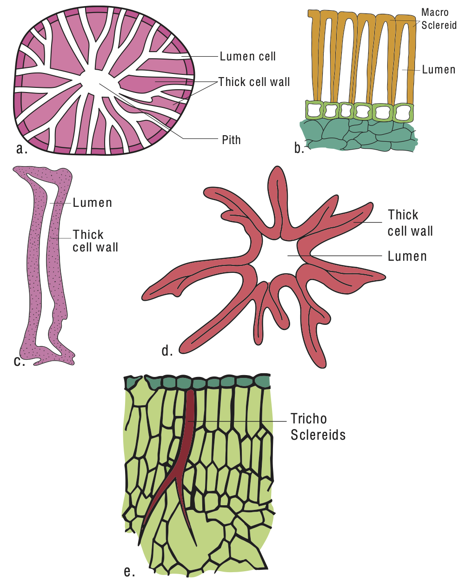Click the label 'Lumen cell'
click(x=247, y=57)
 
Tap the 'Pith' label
click(x=231, y=139)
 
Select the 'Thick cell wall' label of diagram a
click(x=254, y=82)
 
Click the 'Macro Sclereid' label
click(x=438, y=19)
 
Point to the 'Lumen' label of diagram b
click(x=438, y=70)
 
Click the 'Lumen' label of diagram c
click(x=92, y=203)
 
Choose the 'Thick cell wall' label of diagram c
click(x=95, y=241)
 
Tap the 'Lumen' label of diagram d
click(x=407, y=256)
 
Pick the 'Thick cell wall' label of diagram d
click(x=410, y=223)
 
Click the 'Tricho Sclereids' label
click(x=318, y=427)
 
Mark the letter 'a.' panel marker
click(x=21, y=149)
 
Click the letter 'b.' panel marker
click(x=299, y=148)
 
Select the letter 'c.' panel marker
click(x=19, y=361)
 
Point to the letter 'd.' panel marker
click(x=167, y=350)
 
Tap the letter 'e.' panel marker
click(x=129, y=571)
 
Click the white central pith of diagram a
click(x=95, y=79)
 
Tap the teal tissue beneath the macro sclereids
click(x=358, y=135)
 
